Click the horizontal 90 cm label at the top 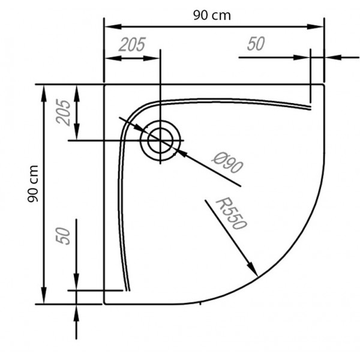[212, 16]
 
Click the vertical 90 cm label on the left [32, 184]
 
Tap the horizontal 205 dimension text [132, 44]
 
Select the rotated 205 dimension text [63, 112]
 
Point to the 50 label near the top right [256, 44]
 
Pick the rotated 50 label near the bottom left [63, 236]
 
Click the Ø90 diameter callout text [227, 163]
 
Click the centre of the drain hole [160, 140]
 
